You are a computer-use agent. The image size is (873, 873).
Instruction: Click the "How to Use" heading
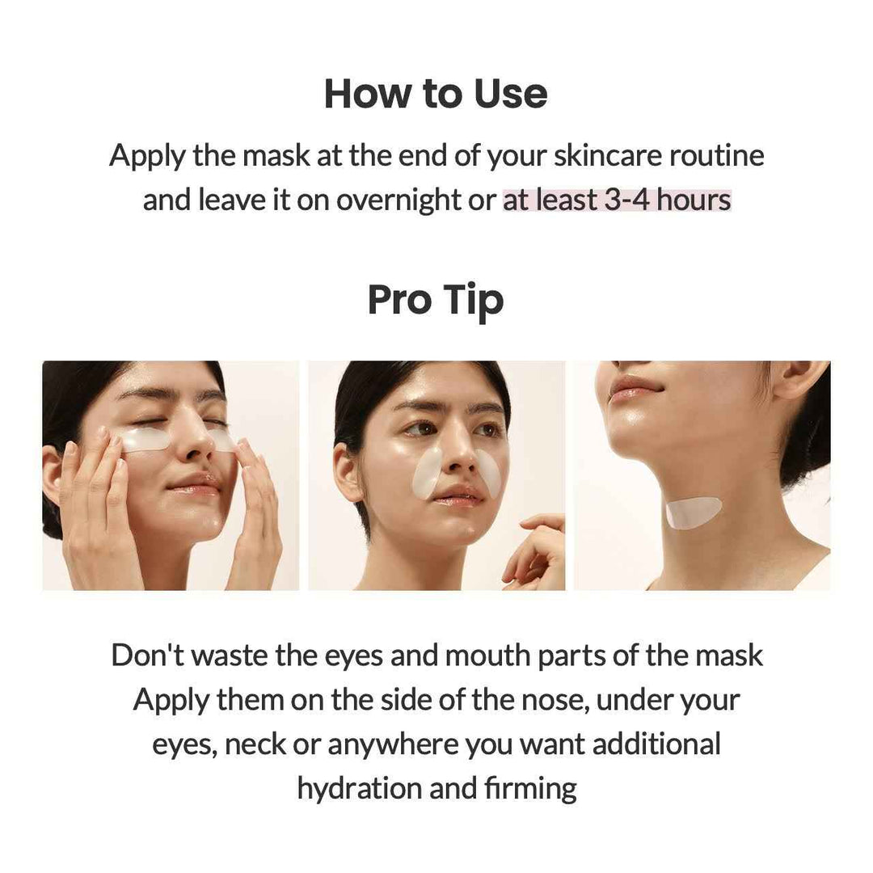[x=436, y=94]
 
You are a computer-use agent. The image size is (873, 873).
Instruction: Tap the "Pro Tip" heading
[x=436, y=301]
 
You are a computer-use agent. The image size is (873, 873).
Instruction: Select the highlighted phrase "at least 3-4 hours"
[x=617, y=200]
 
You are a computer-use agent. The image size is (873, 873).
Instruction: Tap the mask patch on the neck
[x=693, y=512]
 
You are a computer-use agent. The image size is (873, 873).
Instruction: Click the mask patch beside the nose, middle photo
[x=433, y=473]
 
